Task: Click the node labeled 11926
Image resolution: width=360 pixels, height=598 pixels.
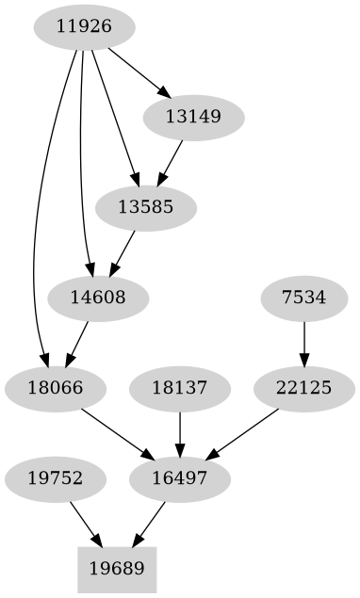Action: [x=84, y=27]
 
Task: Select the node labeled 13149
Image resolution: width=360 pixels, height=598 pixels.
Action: [x=193, y=119]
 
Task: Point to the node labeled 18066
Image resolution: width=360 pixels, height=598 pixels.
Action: [x=55, y=387]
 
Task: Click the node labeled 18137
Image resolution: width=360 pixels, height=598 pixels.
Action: [x=179, y=387]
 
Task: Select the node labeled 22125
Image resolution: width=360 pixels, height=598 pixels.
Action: [x=303, y=387]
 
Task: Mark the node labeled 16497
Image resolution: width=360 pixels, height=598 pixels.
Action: [x=179, y=478]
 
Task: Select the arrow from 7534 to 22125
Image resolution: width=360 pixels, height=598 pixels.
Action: [x=303, y=343]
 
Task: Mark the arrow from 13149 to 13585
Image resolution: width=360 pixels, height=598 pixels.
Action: [x=171, y=163]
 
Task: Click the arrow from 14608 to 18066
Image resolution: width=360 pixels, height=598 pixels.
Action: [x=77, y=343]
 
